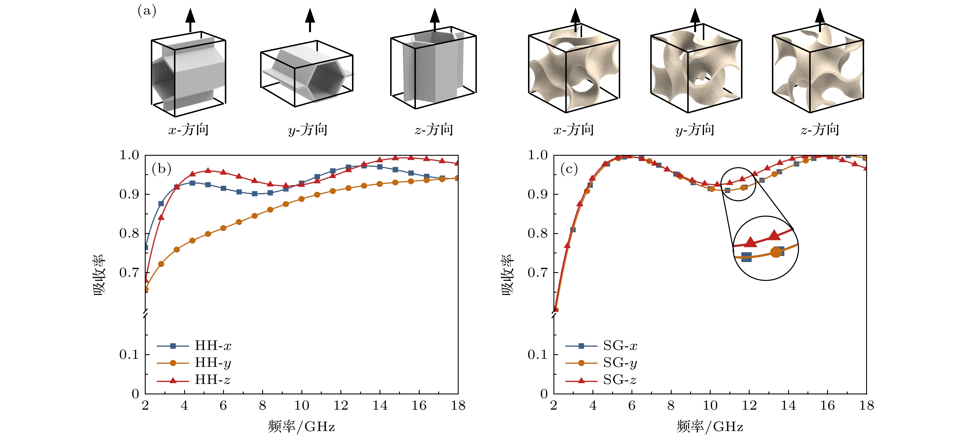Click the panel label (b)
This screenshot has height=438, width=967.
point(162,169)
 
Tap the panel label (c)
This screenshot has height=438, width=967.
point(569,169)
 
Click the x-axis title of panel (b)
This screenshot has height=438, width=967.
point(301,427)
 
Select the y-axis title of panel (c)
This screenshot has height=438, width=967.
point(507,275)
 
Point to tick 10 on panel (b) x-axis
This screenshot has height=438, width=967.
point(301,406)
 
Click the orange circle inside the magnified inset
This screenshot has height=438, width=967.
point(776,252)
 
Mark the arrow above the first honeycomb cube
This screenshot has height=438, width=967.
point(190,19)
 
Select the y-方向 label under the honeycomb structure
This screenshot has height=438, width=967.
point(308,130)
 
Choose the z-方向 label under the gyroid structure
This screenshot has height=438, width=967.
point(820,130)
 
